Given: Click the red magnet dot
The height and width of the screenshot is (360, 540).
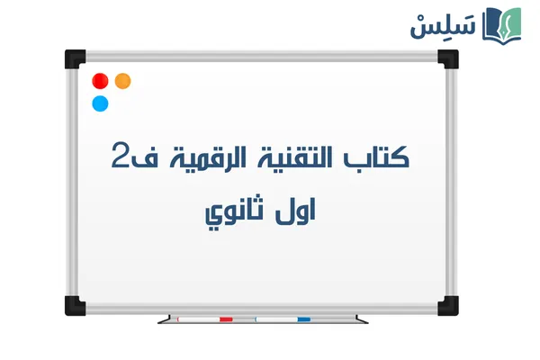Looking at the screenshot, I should click(101, 81).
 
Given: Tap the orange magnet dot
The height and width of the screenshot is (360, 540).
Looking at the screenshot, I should click(123, 81).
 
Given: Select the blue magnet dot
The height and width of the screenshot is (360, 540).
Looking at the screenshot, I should click(100, 103).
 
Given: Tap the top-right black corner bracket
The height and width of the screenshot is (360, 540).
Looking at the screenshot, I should click(447, 58).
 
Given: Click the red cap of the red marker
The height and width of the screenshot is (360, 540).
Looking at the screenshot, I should click(226, 319).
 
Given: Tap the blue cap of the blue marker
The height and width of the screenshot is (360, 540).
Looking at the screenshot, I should click(304, 319).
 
